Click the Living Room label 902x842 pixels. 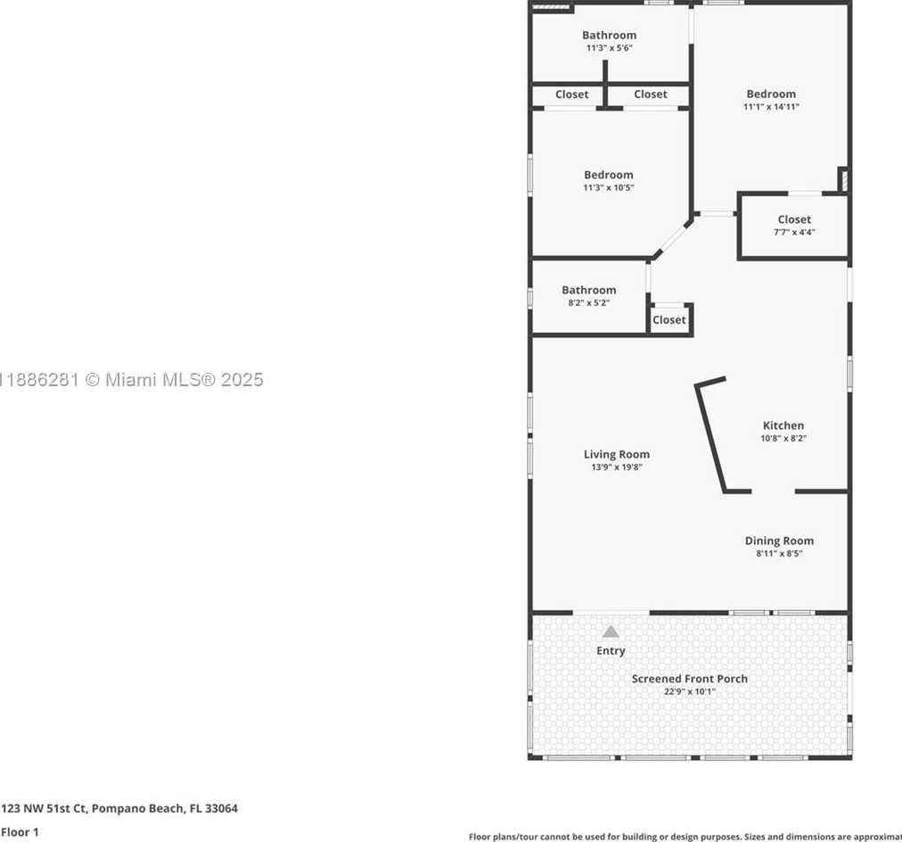tap(617, 454)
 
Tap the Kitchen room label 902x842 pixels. tap(783, 425)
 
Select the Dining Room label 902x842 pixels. tap(779, 541)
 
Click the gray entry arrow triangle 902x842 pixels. tap(611, 631)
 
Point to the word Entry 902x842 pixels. tap(611, 651)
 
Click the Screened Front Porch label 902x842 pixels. tap(690, 679)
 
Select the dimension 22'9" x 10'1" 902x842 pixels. tap(690, 691)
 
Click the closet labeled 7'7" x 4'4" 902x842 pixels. tap(794, 225)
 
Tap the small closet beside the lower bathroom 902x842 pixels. tap(669, 319)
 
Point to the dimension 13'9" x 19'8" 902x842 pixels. tap(617, 467)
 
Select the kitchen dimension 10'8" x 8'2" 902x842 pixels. tap(783, 439)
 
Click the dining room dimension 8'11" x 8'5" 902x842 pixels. tap(779, 554)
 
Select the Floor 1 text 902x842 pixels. tap(20, 832)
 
